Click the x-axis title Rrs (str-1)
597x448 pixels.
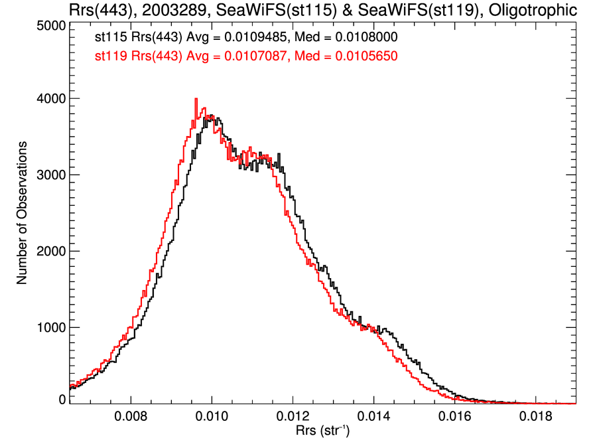tap(323, 431)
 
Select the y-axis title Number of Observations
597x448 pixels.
tap(22, 212)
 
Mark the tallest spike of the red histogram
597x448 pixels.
tap(196, 100)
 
